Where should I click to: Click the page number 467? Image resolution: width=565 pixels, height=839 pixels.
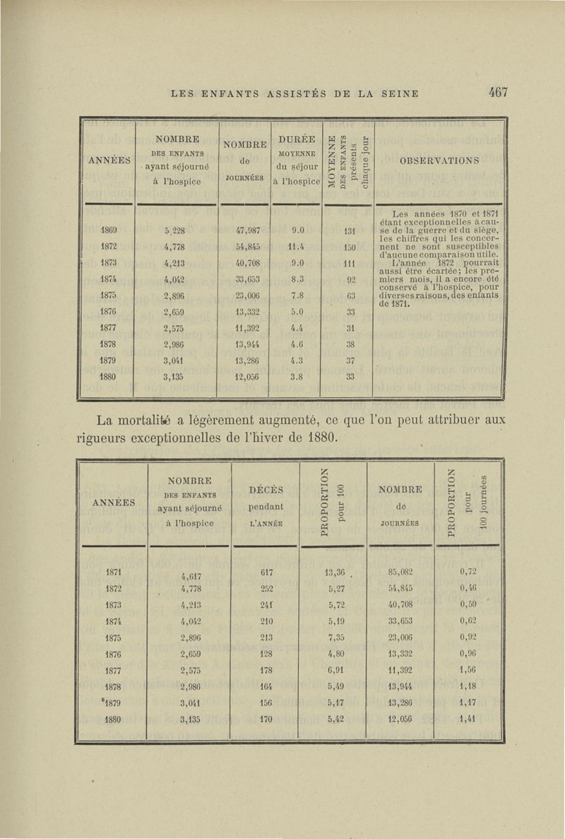click(x=497, y=93)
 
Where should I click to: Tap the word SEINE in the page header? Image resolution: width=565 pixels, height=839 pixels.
click(x=398, y=93)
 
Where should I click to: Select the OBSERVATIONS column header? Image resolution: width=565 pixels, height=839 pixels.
click(x=439, y=160)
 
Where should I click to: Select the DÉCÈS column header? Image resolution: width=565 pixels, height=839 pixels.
click(x=267, y=489)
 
